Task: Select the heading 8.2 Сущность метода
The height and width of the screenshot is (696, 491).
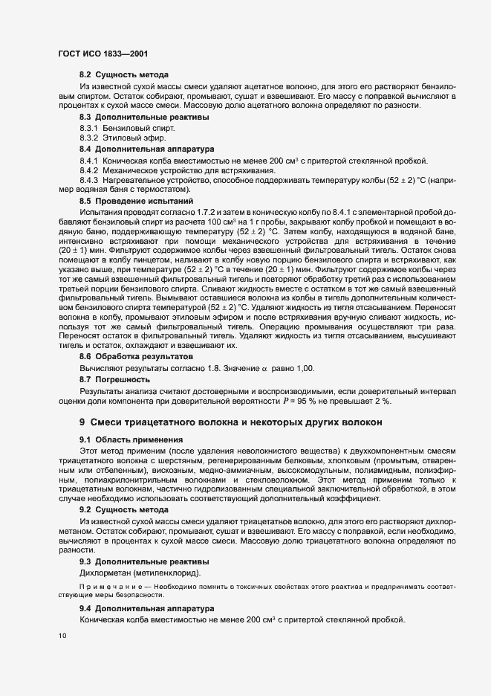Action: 123,74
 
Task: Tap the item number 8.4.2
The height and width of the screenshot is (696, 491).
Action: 89,171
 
